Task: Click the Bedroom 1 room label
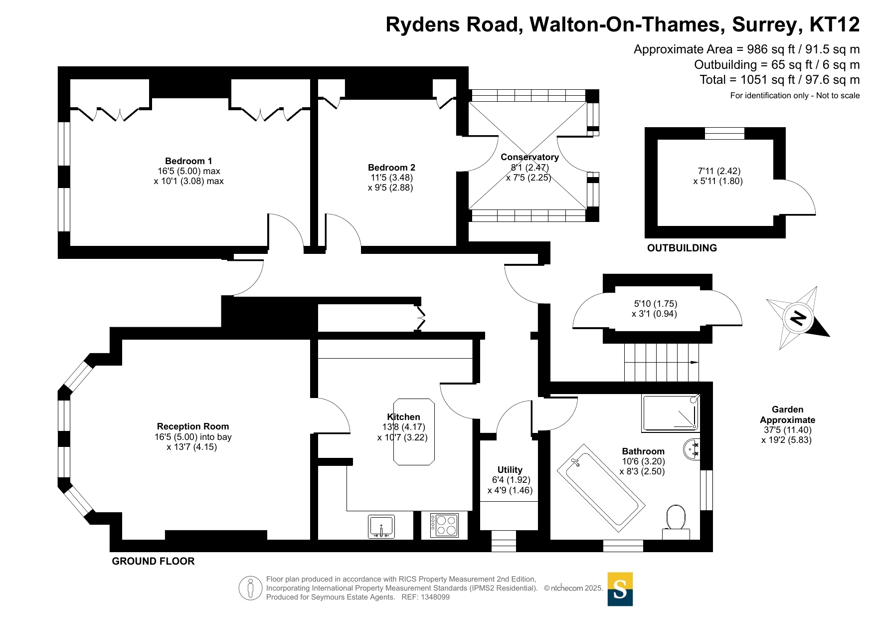click(x=188, y=161)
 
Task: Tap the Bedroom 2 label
click(x=391, y=168)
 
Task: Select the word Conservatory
click(x=529, y=157)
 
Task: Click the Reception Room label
click(x=193, y=426)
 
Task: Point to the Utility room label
click(x=510, y=470)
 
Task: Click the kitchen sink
click(x=381, y=527)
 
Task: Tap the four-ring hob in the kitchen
click(x=444, y=525)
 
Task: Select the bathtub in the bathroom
click(x=601, y=485)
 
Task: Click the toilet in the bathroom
click(x=676, y=523)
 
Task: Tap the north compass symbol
click(x=798, y=318)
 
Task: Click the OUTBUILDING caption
click(x=682, y=248)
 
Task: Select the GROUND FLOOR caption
click(x=153, y=561)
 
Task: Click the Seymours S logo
click(x=620, y=589)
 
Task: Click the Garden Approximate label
click(x=788, y=414)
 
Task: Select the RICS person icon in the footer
click(x=250, y=588)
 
